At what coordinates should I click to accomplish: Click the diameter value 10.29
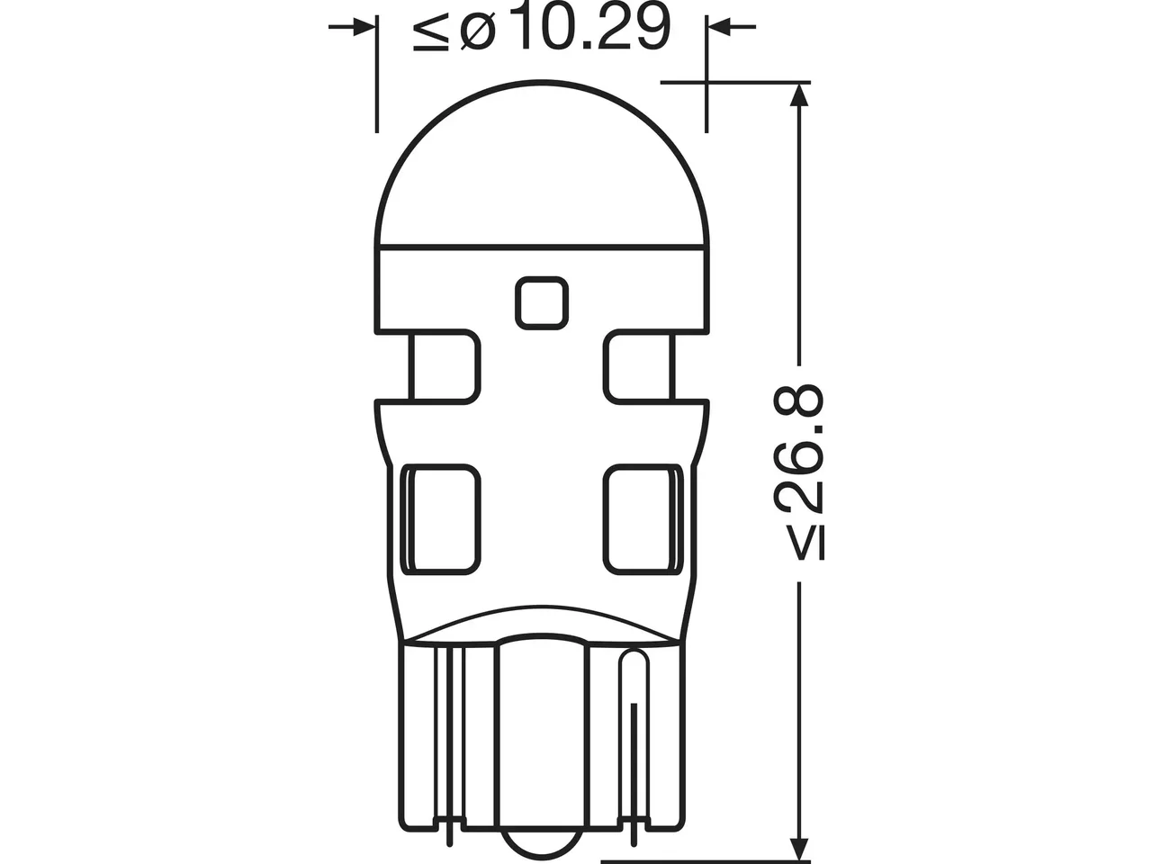click(595, 28)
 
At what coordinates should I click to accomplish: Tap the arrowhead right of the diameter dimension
click(720, 26)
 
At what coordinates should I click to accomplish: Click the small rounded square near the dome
click(542, 303)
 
